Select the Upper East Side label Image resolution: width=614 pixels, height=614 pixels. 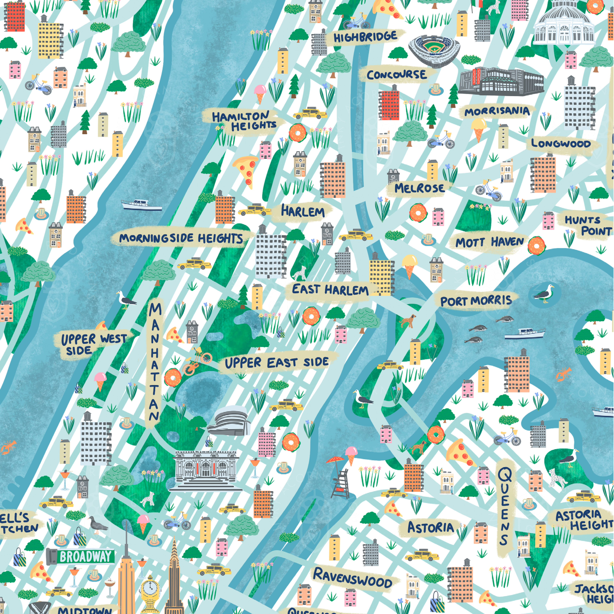(276, 362)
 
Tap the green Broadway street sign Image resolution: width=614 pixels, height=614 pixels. (84, 557)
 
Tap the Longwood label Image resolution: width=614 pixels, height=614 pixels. (561, 144)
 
